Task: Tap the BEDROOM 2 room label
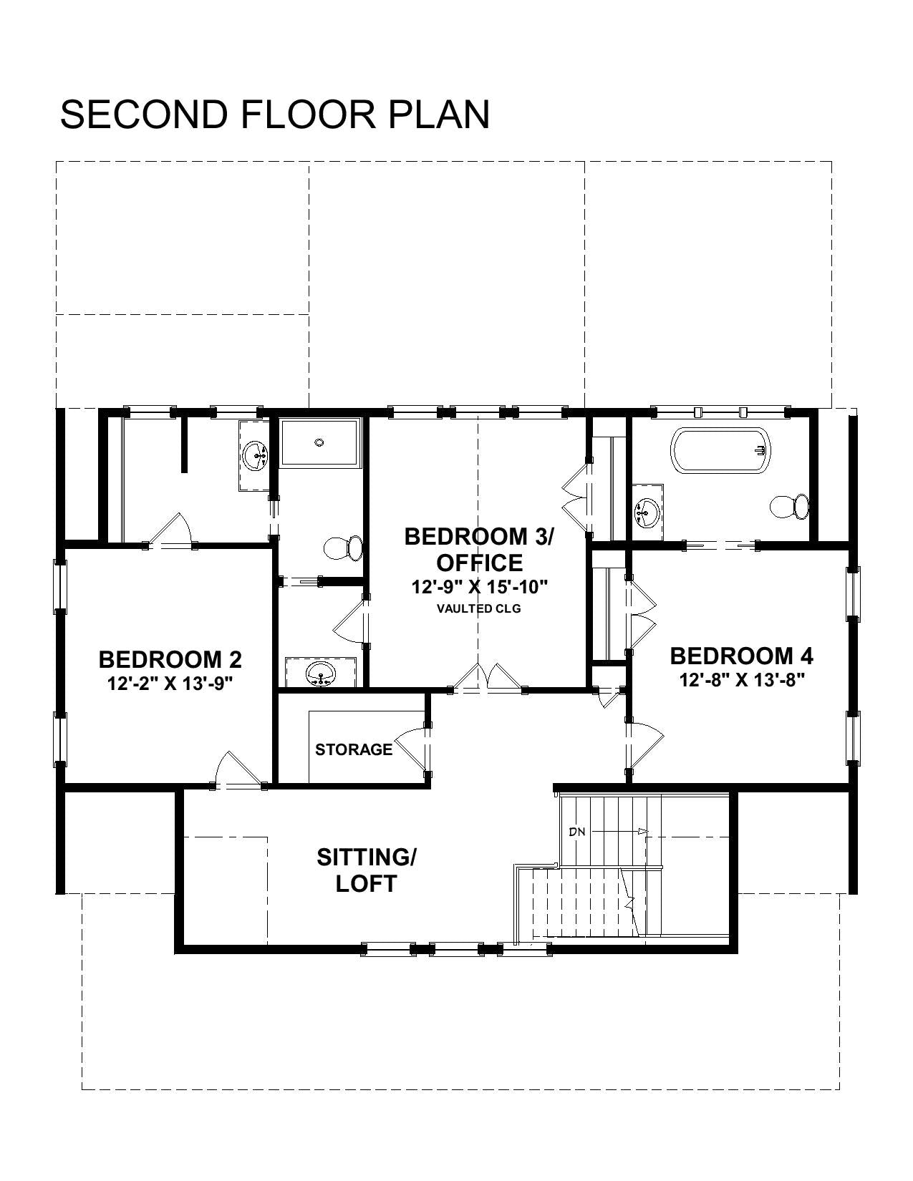click(x=170, y=659)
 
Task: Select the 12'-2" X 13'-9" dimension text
click(x=170, y=683)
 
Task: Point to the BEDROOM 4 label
click(x=742, y=656)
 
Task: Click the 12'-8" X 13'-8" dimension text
click(x=742, y=679)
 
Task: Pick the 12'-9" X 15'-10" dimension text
click(x=479, y=587)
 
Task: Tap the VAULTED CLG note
click(x=479, y=608)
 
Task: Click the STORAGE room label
click(x=354, y=750)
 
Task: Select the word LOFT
click(x=367, y=884)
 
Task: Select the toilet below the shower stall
click(x=343, y=548)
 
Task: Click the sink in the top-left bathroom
click(x=254, y=455)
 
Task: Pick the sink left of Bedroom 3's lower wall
click(x=321, y=674)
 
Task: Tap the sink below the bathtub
click(x=647, y=512)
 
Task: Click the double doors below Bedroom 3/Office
click(x=487, y=678)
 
